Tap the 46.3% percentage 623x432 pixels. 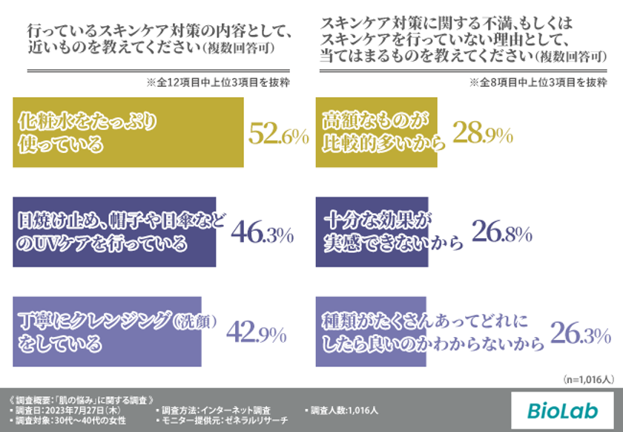262,233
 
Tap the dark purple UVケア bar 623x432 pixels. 114,232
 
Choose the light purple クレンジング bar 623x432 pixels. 107,332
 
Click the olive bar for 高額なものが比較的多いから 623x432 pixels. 376,131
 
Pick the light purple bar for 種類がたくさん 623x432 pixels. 371,332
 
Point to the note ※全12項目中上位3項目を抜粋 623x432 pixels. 222,82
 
